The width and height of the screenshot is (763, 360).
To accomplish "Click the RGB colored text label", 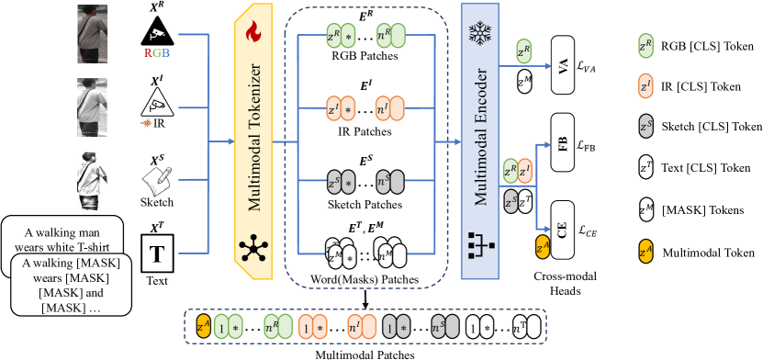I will point(157,52).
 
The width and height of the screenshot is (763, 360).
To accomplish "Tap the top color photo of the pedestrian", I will point(92,37).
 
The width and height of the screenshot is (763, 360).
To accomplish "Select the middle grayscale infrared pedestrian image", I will point(92,107).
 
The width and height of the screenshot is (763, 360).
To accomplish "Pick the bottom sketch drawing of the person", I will point(92,180).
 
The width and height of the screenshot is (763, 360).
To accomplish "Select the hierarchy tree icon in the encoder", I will point(479,244).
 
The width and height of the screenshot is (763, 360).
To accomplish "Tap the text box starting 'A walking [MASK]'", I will point(73,285).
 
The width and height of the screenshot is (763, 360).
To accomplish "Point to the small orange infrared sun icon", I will point(146,122).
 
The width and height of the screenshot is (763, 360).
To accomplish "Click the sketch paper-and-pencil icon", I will point(157,180).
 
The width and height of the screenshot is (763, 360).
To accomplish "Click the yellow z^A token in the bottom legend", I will point(203,325).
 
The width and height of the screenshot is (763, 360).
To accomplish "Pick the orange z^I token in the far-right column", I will point(645,85).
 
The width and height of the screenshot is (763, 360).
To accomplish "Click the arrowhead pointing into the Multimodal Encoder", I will point(455,142).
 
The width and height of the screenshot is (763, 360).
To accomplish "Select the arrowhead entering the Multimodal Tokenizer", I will point(230,142).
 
